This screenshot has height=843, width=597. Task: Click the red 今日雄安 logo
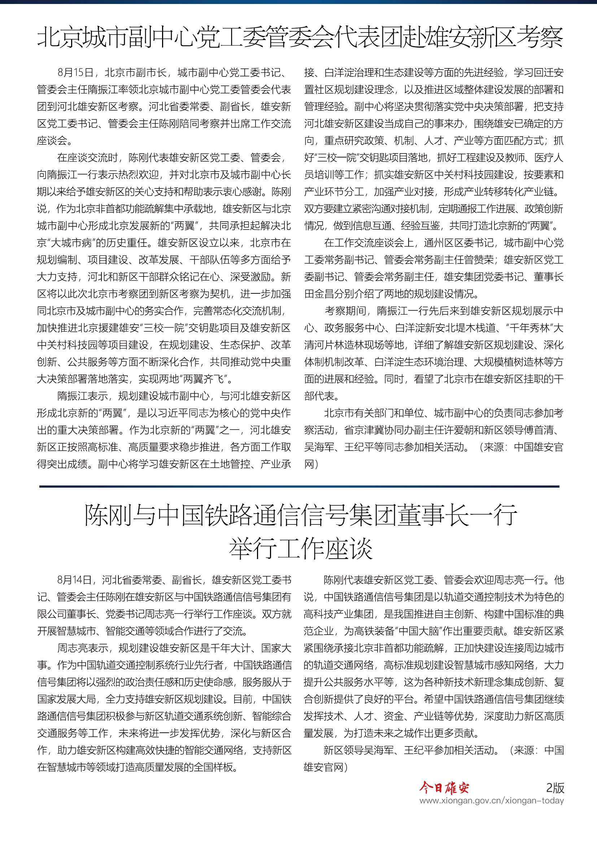point(444,787)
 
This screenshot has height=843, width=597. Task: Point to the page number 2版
point(555,787)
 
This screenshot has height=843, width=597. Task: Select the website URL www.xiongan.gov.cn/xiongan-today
point(492,800)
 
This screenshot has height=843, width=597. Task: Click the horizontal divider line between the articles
point(299,486)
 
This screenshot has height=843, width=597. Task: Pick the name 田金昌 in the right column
point(319,294)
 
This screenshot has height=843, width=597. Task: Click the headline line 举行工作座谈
point(301,549)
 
